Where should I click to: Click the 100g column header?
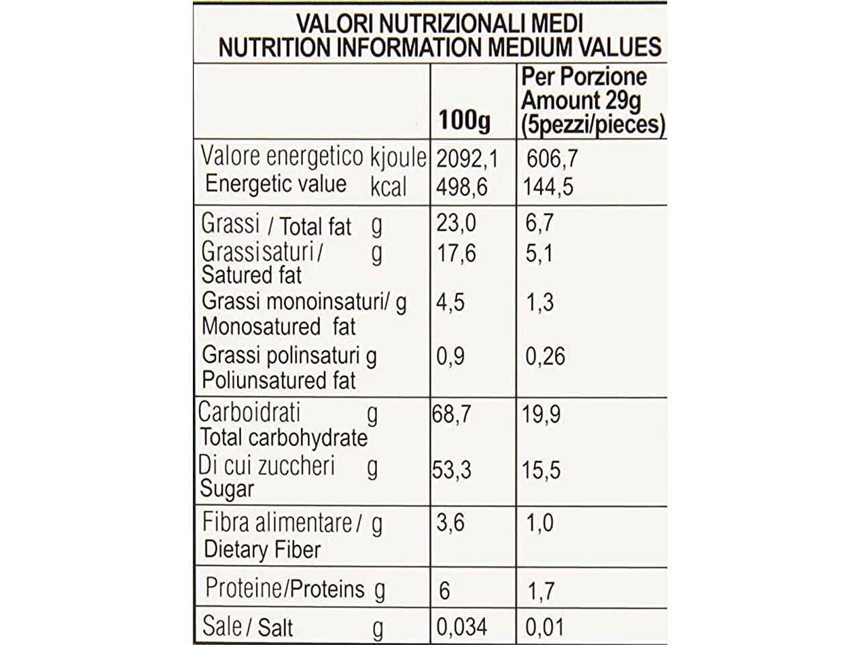point(464,121)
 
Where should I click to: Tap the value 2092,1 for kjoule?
point(467,159)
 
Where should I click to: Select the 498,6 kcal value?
point(462,186)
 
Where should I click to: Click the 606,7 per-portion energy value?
point(552,159)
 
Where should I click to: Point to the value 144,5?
point(548,186)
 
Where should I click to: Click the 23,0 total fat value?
point(456,222)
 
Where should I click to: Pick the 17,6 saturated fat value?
point(456,253)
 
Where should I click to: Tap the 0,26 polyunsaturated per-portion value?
point(545,356)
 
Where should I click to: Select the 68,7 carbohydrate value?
point(451,414)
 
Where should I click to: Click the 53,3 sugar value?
point(451,470)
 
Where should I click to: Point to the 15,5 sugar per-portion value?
point(541,470)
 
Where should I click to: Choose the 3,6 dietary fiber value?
point(450,522)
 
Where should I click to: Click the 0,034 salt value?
point(461,627)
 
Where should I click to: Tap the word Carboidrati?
point(249,412)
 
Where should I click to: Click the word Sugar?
point(227,489)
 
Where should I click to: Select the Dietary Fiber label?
point(262,550)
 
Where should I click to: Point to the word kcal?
point(388,186)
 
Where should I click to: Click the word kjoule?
point(398,157)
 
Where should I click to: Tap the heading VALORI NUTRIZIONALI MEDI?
point(439,24)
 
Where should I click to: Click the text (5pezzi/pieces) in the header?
point(593,124)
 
